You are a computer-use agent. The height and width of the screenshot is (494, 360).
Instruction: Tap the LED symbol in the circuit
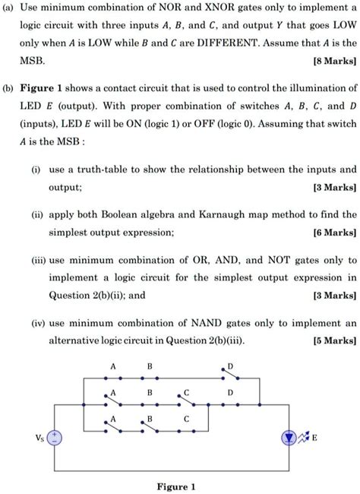point(289,439)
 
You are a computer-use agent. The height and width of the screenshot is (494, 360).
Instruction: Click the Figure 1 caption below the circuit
point(176,486)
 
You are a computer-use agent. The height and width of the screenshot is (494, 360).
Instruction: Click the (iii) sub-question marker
point(35,259)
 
